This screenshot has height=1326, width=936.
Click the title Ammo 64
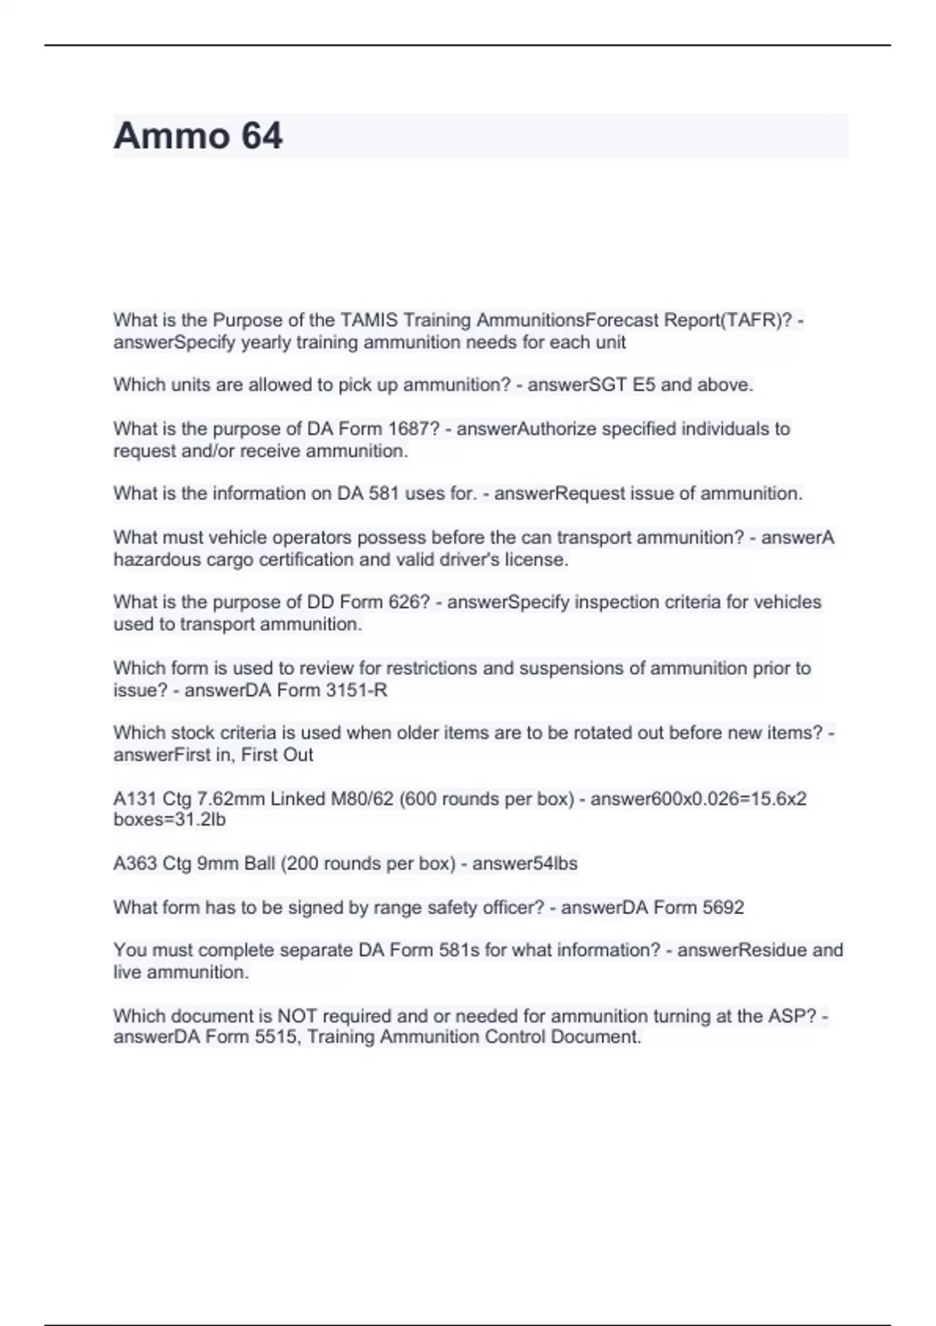(198, 136)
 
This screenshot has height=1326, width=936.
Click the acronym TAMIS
(369, 321)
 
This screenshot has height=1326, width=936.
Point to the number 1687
(408, 429)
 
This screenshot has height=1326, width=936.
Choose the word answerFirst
(161, 755)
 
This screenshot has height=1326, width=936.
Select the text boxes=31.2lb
(169, 820)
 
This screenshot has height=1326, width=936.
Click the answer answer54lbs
(525, 864)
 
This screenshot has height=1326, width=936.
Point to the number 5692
(723, 908)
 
